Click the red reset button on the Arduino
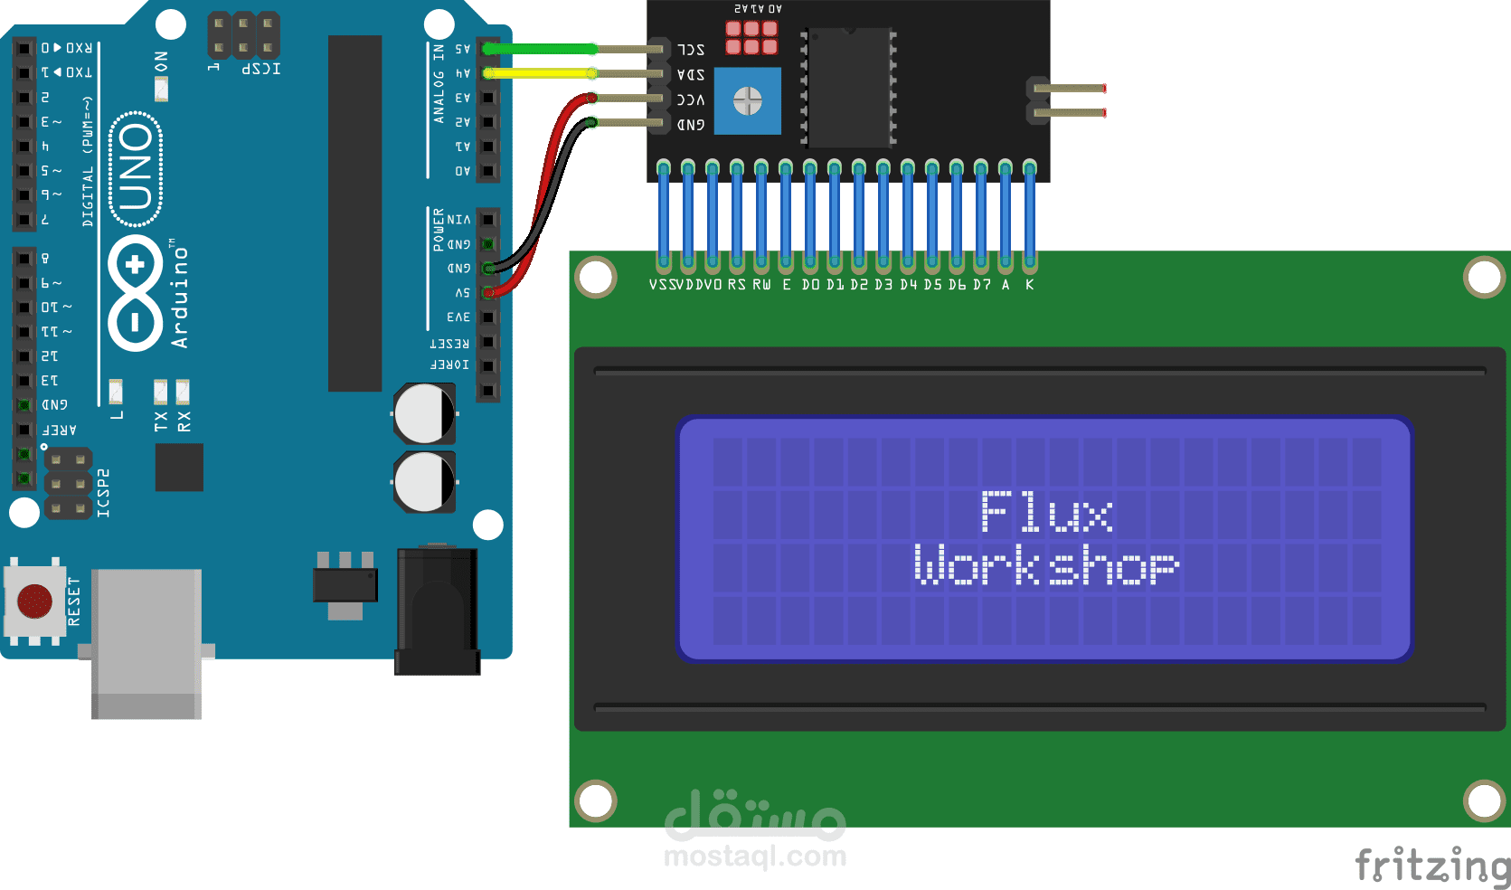(35, 601)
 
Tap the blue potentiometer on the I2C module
(748, 100)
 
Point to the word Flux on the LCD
(1046, 512)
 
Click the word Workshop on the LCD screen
(1046, 565)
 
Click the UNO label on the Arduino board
(136, 168)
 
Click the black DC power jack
(438, 611)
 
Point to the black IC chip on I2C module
(848, 87)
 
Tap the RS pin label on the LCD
(736, 285)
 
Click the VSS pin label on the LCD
(659, 285)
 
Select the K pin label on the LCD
(1029, 285)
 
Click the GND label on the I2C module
(691, 125)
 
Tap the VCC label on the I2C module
(691, 99)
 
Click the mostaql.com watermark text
(755, 856)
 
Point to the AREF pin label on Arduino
(60, 430)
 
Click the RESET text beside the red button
(74, 601)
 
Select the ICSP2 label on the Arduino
(104, 493)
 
